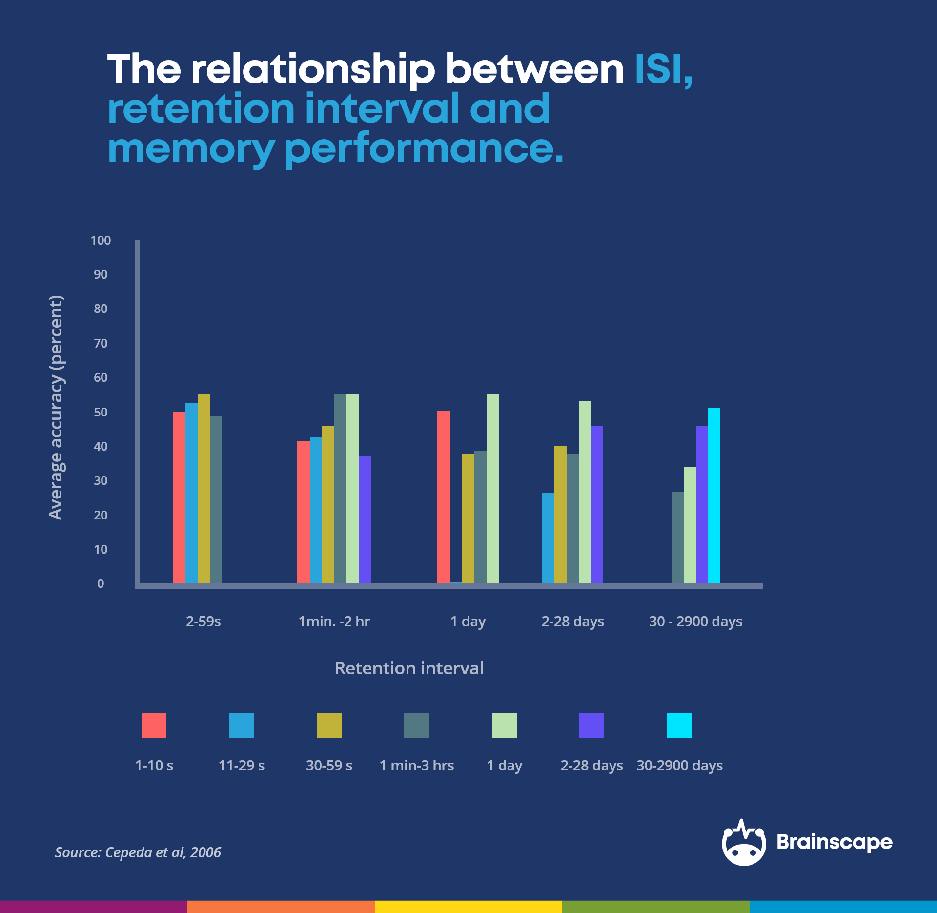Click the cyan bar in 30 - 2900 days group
coord(714,495)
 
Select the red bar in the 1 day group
coord(443,497)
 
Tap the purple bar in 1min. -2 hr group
coord(365,519)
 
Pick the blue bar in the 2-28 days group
coord(548,538)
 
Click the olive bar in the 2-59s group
coord(204,488)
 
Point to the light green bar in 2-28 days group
coord(585,492)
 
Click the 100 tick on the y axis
coord(101,240)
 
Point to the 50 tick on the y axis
coord(101,412)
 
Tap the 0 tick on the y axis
coord(101,583)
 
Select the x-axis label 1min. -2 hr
coord(334,622)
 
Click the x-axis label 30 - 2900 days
coord(695,622)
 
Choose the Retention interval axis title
coord(409,668)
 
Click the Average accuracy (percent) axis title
coord(56,408)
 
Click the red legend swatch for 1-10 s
coord(154,725)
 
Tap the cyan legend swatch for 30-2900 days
coord(679,725)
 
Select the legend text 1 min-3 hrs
coord(417,765)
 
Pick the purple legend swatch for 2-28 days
coord(591,725)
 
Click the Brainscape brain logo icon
coord(744,843)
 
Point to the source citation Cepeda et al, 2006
coord(138,852)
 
